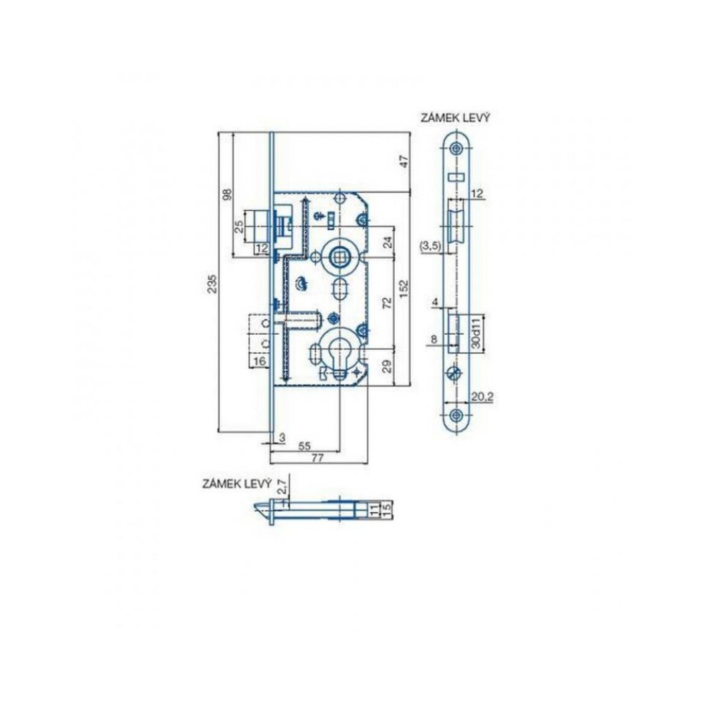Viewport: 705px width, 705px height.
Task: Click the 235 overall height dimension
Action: coord(214,283)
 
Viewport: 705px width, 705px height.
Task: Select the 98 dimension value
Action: coord(228,195)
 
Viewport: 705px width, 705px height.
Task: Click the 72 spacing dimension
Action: coord(387,302)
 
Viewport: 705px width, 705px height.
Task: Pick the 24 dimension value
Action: coord(387,241)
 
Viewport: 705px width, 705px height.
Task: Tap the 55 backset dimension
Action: coord(305,446)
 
